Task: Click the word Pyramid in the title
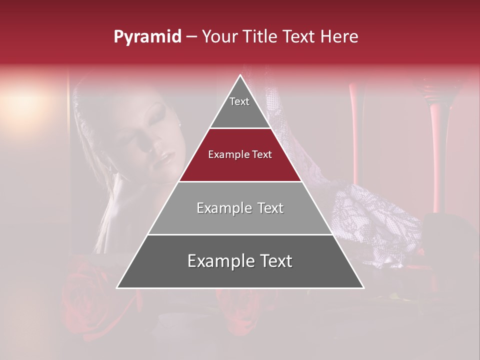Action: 147,37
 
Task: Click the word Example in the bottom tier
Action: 218,261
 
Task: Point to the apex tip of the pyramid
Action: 240,75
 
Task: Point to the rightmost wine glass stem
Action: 435,150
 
